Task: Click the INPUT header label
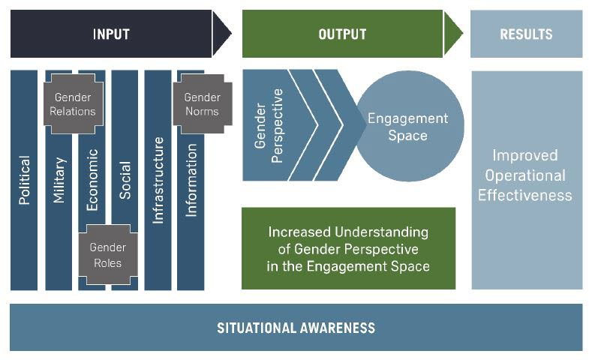(111, 34)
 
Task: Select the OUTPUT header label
(342, 34)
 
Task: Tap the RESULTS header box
(526, 34)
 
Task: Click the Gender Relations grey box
(73, 104)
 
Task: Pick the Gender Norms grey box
(202, 104)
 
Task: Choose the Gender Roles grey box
(107, 255)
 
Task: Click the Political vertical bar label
(24, 180)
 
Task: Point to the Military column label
(59, 180)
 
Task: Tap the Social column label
(125, 180)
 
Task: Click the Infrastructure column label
(158, 180)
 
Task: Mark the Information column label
(191, 180)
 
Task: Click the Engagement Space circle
(408, 127)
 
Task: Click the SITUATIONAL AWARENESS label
(296, 328)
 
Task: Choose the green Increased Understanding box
(348, 248)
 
